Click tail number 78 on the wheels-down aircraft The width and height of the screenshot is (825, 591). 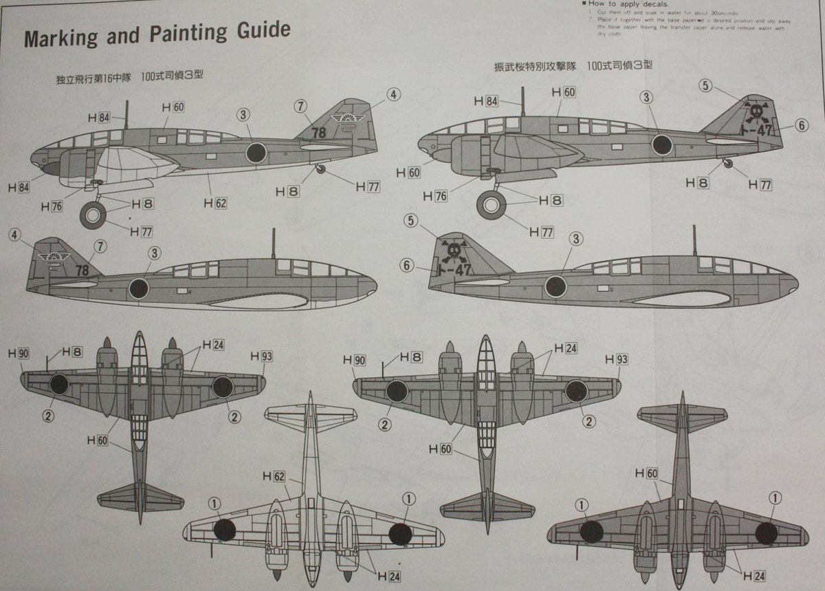click(318, 132)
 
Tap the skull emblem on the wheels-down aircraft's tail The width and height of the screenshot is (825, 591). click(756, 112)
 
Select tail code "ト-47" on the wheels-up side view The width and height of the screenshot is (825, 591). click(454, 270)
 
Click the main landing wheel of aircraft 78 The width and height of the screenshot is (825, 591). click(93, 215)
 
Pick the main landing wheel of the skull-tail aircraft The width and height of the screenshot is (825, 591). click(492, 204)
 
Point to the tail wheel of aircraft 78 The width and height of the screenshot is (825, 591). click(320, 169)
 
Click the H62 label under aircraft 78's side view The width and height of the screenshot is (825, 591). click(216, 203)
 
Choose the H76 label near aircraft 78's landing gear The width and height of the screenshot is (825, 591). click(52, 206)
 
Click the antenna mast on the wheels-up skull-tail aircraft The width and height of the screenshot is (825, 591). click(694, 240)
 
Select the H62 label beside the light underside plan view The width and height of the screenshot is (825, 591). click(273, 476)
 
